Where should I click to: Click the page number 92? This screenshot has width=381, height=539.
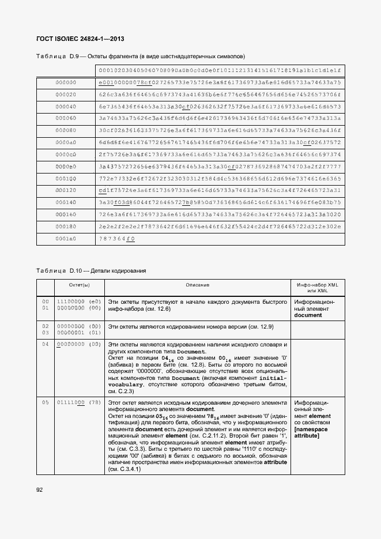[x=40, y=489]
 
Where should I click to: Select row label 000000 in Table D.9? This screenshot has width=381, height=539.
[x=66, y=82]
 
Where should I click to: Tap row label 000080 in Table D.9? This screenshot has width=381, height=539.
[x=66, y=130]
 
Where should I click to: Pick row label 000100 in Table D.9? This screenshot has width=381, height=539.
[x=66, y=178]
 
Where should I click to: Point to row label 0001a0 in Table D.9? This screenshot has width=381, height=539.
[x=66, y=238]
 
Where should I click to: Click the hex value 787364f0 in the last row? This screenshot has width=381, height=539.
[x=117, y=238]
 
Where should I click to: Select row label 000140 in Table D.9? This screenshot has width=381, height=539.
[x=66, y=202]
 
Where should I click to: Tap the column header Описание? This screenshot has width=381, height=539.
[x=197, y=285]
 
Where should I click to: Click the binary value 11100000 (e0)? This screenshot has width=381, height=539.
[x=79, y=301]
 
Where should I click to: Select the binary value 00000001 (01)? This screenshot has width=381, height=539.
[x=79, y=332]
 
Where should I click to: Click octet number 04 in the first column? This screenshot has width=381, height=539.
[x=45, y=344]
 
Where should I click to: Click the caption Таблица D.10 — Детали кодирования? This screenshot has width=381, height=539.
[x=91, y=270]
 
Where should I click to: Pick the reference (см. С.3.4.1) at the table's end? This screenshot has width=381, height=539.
[x=125, y=469]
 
